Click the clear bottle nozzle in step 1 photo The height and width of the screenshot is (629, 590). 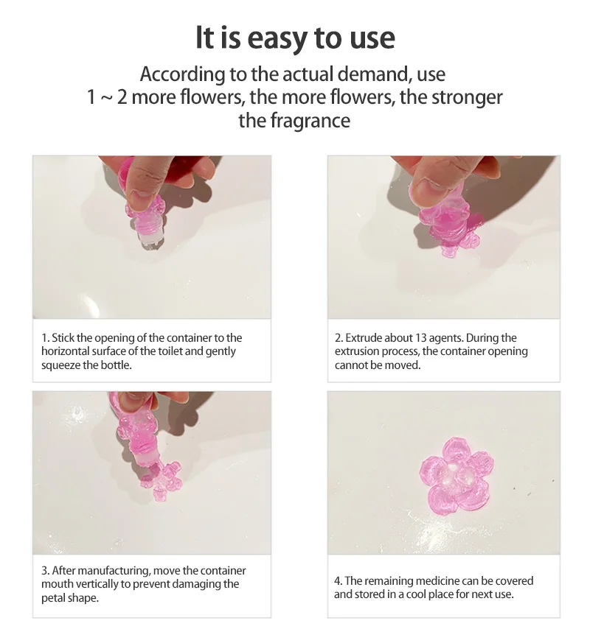coord(150,239)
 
